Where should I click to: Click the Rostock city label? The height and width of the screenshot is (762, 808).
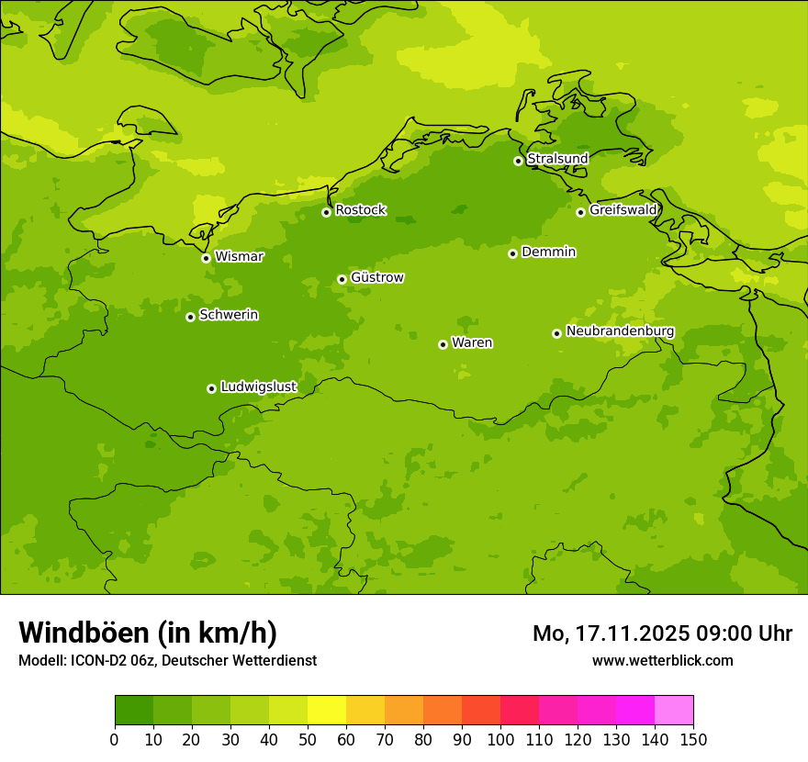pos(360,210)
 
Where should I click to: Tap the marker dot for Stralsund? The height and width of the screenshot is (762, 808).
pos(518,161)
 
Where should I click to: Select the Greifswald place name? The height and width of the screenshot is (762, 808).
pos(623,210)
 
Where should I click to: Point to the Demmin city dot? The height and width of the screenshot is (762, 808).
pos(512,253)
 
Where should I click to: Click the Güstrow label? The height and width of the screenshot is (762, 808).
pos(376,277)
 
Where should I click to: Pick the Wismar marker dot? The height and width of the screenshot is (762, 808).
pos(206,258)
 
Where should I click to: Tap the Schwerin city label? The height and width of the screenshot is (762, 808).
pos(228,315)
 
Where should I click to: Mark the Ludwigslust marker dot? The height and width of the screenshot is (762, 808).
pos(211,388)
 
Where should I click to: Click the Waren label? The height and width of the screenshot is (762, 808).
pos(471,343)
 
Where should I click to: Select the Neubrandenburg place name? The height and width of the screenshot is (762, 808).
pos(620,331)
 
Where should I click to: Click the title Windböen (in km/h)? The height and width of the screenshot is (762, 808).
pos(148,633)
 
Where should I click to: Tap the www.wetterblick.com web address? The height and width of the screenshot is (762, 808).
pos(662,660)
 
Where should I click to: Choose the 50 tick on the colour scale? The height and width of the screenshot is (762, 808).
pos(308,739)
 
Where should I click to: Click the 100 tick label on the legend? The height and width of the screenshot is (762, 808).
pos(500,739)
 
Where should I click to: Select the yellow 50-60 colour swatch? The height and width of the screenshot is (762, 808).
pos(327,710)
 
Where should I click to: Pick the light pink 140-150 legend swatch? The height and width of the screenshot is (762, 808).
pos(674,710)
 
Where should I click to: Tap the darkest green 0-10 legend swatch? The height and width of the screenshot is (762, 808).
pos(134,710)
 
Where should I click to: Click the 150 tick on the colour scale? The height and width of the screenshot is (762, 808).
pos(693,739)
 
